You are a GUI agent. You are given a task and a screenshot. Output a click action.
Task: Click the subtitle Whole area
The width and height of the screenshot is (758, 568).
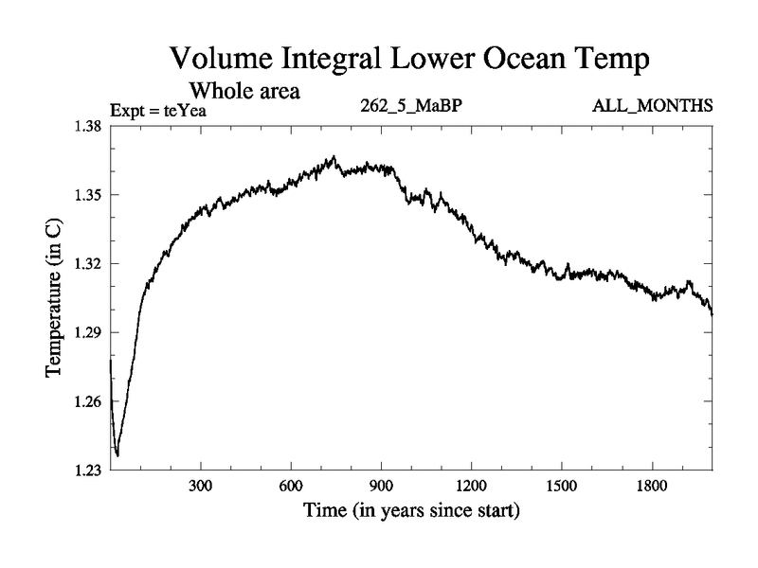click(245, 92)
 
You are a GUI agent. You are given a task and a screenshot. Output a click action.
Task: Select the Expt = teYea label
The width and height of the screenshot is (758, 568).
click(158, 110)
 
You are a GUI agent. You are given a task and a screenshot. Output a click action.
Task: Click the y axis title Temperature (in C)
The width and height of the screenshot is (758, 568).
click(54, 297)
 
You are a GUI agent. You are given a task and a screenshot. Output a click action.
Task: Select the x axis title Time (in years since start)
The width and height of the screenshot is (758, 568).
click(411, 512)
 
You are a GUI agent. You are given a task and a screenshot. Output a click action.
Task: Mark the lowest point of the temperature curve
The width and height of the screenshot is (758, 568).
click(117, 455)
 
